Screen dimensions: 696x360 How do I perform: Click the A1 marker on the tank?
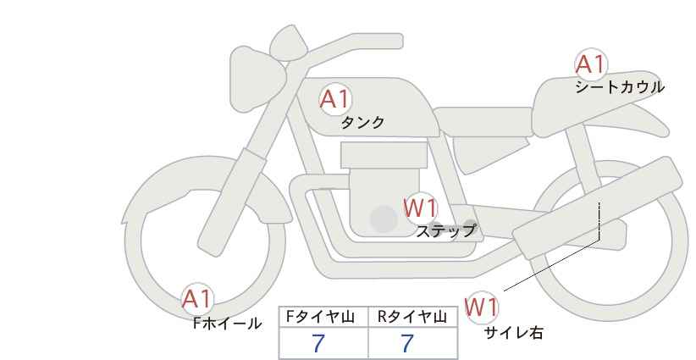tap(335, 99)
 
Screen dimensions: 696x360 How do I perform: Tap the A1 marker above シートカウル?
tap(591, 64)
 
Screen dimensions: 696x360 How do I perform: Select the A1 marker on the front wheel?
tap(197, 299)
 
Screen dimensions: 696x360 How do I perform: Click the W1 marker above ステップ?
tap(421, 208)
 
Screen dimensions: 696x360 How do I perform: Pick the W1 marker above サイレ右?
tap(482, 307)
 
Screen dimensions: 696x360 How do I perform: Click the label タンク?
tap(362, 122)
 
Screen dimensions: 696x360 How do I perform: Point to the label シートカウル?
tap(620, 87)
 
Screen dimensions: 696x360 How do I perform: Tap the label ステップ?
tap(445, 231)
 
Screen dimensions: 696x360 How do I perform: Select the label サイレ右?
tap(513, 333)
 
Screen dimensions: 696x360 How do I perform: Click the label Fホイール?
tap(227, 324)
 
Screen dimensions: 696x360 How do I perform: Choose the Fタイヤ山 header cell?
tap(323, 317)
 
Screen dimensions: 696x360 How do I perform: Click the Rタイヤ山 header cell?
tap(413, 317)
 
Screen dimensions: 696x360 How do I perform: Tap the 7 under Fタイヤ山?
tap(318, 343)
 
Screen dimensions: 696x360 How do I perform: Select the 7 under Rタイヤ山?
tap(407, 343)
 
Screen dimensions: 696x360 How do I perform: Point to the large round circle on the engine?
tap(384, 219)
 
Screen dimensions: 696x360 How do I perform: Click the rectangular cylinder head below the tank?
tap(384, 155)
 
